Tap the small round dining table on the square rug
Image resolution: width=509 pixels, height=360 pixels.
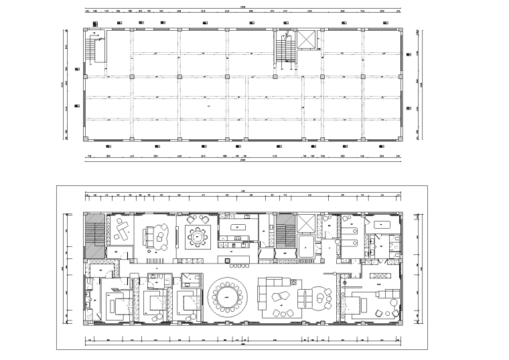[198, 236]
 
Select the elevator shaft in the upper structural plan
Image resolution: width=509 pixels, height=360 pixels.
[306, 39]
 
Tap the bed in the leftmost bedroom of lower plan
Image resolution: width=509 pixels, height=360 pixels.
[119, 304]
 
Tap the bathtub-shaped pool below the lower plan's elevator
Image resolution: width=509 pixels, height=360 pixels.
[304, 246]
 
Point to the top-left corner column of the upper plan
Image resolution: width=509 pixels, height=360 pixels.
[86, 29]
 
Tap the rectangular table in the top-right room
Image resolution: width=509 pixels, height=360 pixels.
[384, 224]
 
